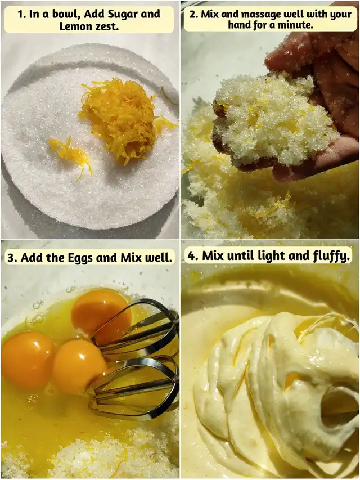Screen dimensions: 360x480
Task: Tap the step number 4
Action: point(192,255)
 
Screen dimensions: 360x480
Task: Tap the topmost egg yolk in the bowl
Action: point(101,315)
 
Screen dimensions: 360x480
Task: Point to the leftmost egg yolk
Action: point(28,359)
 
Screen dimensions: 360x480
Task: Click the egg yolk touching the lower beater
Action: point(79,366)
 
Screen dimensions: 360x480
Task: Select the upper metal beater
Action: point(136,328)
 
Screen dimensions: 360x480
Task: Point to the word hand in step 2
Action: point(240,25)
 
